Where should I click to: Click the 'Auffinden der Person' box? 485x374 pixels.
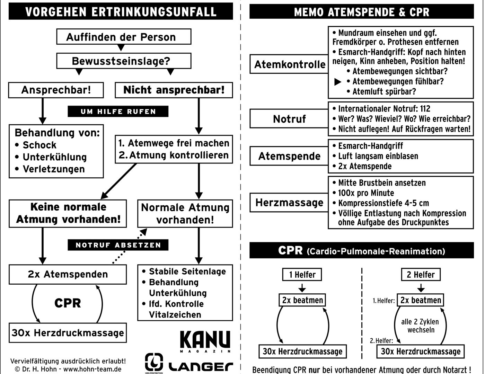(x=124, y=37)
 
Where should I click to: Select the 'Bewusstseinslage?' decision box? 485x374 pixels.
(x=124, y=61)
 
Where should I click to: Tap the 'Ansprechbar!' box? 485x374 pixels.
(x=56, y=90)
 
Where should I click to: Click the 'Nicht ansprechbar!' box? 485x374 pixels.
(x=174, y=90)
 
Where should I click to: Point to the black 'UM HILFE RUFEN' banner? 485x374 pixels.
(x=118, y=111)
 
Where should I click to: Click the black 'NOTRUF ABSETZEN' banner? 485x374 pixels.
(x=118, y=245)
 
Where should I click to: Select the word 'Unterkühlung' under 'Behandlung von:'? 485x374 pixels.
(x=55, y=157)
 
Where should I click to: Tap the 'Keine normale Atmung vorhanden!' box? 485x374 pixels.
(x=68, y=213)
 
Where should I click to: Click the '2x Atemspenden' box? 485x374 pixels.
(x=68, y=274)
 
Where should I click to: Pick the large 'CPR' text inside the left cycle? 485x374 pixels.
(x=68, y=303)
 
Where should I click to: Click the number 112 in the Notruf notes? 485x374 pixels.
(x=425, y=109)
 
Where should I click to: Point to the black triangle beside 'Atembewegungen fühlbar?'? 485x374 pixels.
(x=338, y=82)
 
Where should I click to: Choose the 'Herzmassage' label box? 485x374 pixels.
(x=289, y=203)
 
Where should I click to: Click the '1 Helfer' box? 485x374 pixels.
(x=302, y=275)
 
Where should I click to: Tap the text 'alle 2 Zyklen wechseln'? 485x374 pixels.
(x=420, y=326)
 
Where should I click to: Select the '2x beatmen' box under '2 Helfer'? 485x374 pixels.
(x=421, y=300)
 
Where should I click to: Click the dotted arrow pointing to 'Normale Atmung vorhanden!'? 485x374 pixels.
(x=130, y=246)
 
